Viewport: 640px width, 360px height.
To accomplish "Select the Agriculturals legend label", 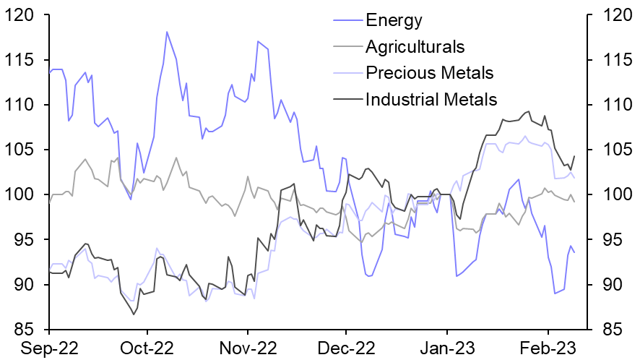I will (x=415, y=48).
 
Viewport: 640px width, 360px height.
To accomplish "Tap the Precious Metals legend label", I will (x=430, y=73).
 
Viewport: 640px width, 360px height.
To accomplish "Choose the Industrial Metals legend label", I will (x=431, y=99).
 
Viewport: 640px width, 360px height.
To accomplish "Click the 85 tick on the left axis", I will (x=22, y=330).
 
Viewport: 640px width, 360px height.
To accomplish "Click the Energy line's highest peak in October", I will (x=167, y=32).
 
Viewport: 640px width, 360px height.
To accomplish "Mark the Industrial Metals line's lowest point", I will (x=134, y=314).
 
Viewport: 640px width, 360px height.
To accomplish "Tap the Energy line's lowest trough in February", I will (x=555, y=293).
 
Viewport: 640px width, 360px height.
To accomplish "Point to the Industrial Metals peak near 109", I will (x=529, y=111).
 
